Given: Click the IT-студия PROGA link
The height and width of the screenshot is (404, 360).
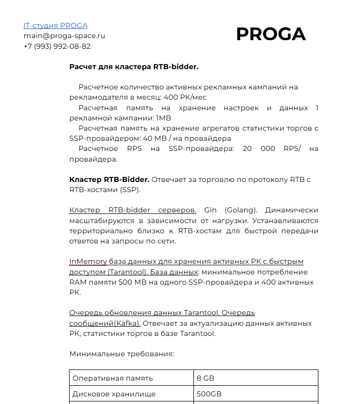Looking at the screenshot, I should tap(55, 25).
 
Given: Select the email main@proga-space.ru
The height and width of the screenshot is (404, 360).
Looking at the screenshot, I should tap(64, 36).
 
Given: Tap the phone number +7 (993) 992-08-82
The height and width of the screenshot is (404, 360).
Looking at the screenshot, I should tap(57, 46).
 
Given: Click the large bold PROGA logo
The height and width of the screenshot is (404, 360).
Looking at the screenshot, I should tap(271, 34).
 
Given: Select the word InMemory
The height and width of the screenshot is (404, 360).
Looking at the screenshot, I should tap(88, 261).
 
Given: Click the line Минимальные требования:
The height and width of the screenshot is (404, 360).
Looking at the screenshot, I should tap(121, 354).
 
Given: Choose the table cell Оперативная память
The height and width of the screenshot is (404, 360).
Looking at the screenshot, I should tap(112, 378).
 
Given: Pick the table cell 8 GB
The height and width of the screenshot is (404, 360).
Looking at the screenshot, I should tap(206, 378).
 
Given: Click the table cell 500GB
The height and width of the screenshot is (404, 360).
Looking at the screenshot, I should tap(209, 394).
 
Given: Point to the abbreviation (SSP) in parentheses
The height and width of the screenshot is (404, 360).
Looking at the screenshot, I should tap(129, 190).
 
